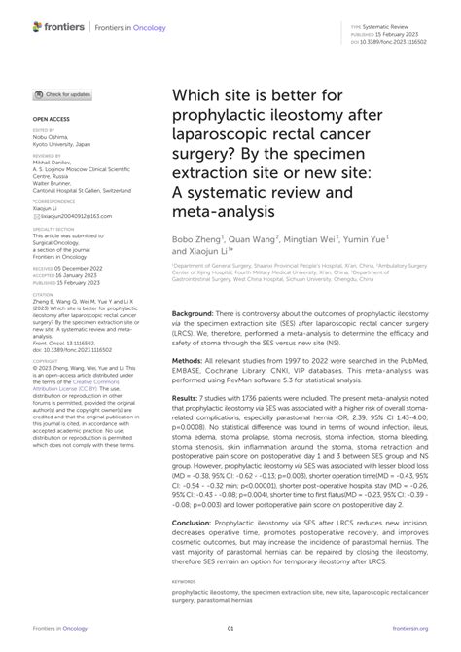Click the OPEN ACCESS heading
coord(51,117)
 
